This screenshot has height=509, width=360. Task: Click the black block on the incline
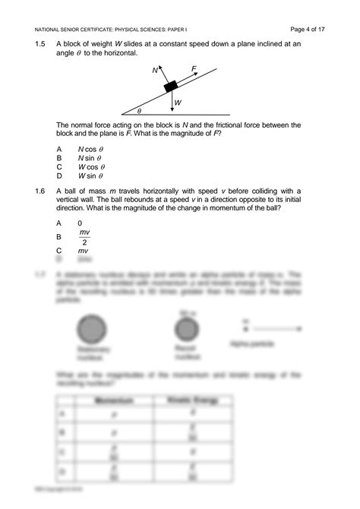pyautogui.click(x=172, y=86)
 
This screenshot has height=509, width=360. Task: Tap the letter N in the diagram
pyautogui.click(x=155, y=71)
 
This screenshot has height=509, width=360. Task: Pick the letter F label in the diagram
pyautogui.click(x=194, y=68)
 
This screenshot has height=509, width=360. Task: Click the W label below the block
pyautogui.click(x=178, y=103)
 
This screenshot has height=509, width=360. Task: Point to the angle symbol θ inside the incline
pyautogui.click(x=139, y=110)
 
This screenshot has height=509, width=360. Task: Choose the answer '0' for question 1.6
pyautogui.click(x=80, y=223)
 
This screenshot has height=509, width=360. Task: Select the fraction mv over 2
pyautogui.click(x=84, y=237)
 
